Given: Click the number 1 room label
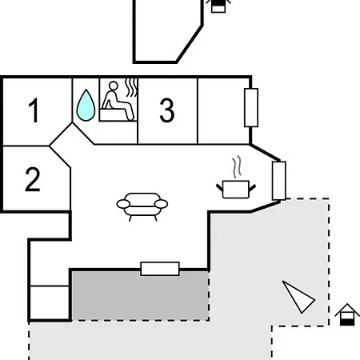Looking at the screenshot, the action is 34,110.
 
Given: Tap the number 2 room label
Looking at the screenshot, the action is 33,179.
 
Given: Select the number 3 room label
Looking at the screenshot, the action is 167,110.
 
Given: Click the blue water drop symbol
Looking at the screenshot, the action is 86,106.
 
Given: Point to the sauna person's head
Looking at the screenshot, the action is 114,86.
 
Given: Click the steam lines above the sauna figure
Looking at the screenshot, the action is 131,87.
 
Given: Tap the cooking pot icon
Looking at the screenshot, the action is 236,189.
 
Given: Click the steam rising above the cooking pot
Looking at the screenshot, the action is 237,167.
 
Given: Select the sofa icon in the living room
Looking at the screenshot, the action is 142,206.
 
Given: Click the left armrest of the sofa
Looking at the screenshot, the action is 123,204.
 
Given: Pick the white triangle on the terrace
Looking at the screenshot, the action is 298,297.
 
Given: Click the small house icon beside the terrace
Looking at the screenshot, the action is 347,314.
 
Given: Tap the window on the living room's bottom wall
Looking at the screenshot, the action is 160,269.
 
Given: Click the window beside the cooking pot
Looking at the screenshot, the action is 279,181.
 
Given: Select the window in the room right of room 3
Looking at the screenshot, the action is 251,107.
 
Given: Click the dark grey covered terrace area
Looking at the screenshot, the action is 140,295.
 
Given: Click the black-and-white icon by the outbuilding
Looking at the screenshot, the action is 218,6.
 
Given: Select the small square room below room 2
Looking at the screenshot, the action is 50,302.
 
